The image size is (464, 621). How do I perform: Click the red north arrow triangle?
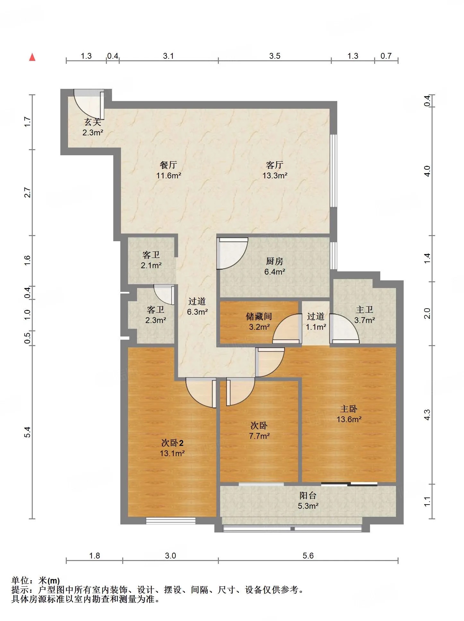[32, 57]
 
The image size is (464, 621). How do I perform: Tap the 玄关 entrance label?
[93, 122]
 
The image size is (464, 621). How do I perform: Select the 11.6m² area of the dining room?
[169, 175]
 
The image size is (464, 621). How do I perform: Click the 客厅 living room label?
[275, 165]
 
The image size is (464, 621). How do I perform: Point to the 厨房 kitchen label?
[275, 261]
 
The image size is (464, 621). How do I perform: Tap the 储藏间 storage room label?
[259, 316]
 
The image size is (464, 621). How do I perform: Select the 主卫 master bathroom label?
[365, 310]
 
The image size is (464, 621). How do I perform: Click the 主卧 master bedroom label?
[349, 409]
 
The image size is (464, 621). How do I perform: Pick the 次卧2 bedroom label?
[172, 443]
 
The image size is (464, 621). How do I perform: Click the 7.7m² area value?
[259, 436]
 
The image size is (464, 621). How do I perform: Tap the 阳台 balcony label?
[308, 495]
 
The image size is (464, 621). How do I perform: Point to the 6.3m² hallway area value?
[197, 311]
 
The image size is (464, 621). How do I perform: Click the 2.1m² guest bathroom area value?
[151, 265]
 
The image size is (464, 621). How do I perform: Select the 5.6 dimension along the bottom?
[308, 556]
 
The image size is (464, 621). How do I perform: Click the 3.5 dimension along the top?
[275, 56]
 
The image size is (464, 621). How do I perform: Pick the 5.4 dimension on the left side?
[28, 432]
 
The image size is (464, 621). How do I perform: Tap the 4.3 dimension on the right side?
[427, 415]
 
